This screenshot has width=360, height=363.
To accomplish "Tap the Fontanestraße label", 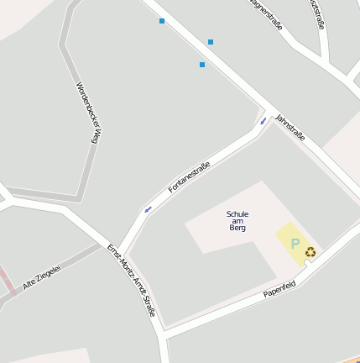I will tap(189, 176).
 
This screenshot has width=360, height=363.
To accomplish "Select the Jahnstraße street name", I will tap(290, 126).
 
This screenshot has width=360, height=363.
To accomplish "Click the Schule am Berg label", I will tap(237, 221).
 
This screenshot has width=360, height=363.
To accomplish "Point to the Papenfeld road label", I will tap(279, 289).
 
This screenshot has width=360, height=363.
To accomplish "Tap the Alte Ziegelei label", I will tap(42, 278).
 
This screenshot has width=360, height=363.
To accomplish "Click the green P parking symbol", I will tap(295, 244).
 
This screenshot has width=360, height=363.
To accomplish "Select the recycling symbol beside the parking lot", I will tap(310, 251).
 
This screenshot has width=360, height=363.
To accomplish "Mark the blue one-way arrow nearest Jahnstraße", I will tap(263, 121).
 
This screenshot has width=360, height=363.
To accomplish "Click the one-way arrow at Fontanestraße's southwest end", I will tap(149, 209).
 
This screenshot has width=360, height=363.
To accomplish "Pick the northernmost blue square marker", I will tap(162, 21).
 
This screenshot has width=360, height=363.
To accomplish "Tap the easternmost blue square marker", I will tap(211, 42).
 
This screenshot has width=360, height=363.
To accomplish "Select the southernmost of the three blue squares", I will tap(202, 65).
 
